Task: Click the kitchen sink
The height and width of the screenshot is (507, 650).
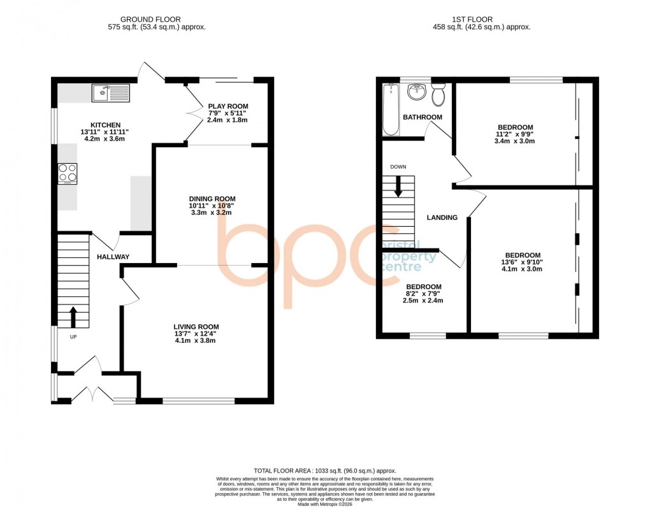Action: [110, 94]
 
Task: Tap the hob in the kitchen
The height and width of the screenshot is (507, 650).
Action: [68, 173]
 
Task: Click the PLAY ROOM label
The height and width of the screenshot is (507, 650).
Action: [228, 106]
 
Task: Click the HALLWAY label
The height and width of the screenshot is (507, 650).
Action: [113, 257]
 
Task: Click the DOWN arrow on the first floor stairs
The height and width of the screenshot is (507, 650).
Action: [399, 187]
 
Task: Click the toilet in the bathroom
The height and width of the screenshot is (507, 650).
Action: [438, 96]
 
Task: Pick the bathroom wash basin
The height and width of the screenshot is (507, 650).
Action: [417, 93]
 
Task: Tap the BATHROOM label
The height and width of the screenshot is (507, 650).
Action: [422, 117]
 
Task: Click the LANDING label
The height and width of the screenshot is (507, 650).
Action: [442, 217]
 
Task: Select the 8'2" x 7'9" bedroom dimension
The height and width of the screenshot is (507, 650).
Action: [424, 294]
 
